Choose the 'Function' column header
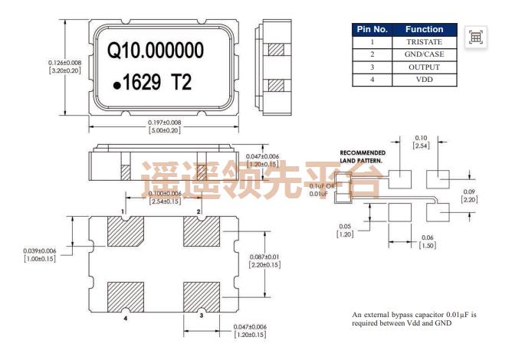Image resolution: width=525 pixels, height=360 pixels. point(424,29)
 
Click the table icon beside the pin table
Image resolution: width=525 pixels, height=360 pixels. point(475,37)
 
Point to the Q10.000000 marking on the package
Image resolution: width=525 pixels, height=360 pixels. point(156,51)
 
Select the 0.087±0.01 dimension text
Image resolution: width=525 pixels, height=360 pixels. point(264,260)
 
